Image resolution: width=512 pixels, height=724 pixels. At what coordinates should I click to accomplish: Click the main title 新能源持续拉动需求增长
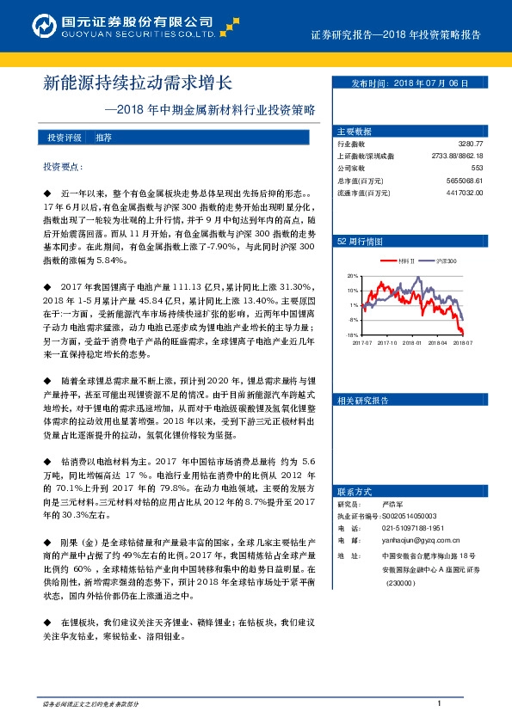138,83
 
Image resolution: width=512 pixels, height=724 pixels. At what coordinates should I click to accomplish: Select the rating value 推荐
103,138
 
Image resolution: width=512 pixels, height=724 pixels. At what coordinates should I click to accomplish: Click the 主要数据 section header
355,132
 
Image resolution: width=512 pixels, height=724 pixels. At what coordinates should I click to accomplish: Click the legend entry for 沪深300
446,261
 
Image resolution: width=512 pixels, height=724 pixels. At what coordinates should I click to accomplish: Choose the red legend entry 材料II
408,261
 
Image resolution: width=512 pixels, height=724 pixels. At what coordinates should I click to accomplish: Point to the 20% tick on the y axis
352,277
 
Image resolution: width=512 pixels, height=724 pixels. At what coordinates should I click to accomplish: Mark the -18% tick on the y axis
351,334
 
